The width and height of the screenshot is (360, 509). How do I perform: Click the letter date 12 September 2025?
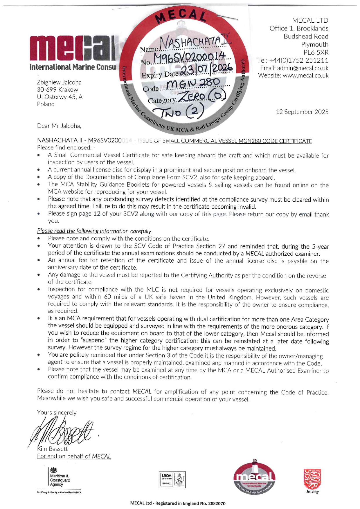point(302,112)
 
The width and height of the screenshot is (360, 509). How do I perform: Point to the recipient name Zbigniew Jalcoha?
point(59,82)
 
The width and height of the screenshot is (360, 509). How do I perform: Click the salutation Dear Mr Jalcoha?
point(59,126)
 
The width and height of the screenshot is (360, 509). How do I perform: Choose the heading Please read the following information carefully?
point(94,231)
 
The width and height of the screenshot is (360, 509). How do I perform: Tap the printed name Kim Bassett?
point(53,449)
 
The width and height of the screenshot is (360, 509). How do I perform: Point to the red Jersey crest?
point(312,479)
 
